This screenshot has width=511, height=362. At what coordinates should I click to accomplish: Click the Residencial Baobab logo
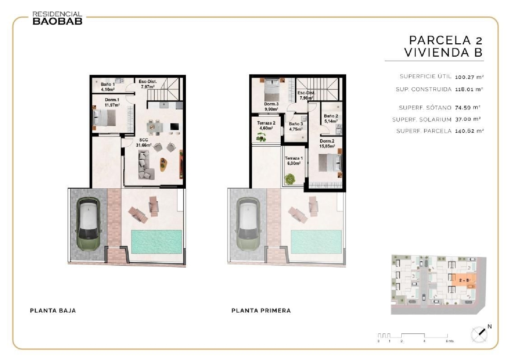[57, 18]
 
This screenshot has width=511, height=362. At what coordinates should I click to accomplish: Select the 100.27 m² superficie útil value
[469, 77]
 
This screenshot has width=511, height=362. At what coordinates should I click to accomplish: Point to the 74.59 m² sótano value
[467, 107]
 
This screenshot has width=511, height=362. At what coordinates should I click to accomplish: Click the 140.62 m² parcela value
[469, 131]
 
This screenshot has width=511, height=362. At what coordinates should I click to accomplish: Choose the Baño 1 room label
[108, 87]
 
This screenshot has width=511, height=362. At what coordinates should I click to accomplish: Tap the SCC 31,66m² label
[143, 143]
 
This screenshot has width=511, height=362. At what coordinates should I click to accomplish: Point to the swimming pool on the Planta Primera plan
[316, 241]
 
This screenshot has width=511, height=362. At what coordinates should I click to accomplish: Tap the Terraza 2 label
[266, 126]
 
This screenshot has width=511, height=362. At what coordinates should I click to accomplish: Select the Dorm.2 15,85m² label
[327, 143]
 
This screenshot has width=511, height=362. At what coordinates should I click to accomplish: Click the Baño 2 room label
[331, 118]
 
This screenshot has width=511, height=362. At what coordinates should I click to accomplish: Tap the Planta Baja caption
[53, 310]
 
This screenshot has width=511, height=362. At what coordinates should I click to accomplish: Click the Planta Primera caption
[261, 310]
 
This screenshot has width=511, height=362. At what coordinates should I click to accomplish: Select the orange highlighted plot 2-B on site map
[465, 280]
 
